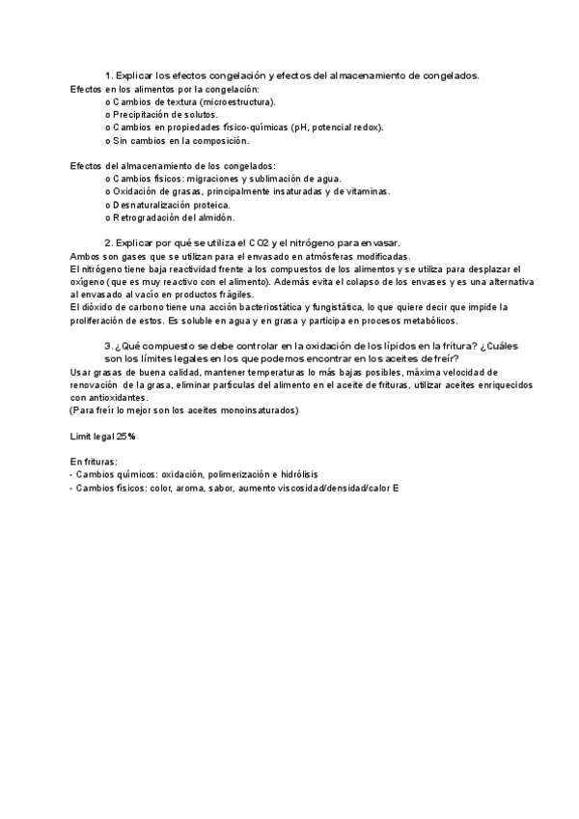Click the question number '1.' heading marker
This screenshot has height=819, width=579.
109,75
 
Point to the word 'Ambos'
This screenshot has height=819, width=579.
87,256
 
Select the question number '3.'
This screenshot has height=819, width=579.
109,346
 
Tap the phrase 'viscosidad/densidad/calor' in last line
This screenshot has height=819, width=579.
331,488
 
